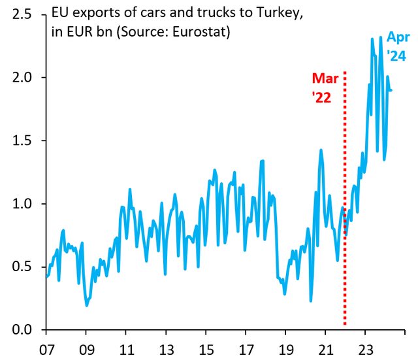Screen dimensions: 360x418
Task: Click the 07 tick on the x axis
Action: pyautogui.click(x=46, y=348)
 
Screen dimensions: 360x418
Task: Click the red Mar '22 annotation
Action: pyautogui.click(x=325, y=88)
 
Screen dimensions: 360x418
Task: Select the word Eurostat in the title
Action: pyautogui.click(x=199, y=32)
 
